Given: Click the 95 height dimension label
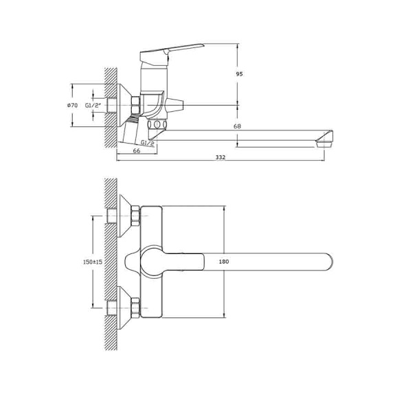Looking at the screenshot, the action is pos(239,74).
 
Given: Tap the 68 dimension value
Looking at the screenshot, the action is pos(237,126).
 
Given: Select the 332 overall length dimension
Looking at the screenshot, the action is pos(220,157).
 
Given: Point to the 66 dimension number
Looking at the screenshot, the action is pos(137,151).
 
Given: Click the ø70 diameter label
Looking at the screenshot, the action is pos(72,105).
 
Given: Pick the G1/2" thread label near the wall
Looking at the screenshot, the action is pos(93,105).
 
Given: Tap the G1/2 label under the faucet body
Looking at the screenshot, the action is pos(147,142).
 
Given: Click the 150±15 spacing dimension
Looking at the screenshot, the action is pos(93,262).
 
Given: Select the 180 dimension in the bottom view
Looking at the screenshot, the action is pos(224,262).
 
